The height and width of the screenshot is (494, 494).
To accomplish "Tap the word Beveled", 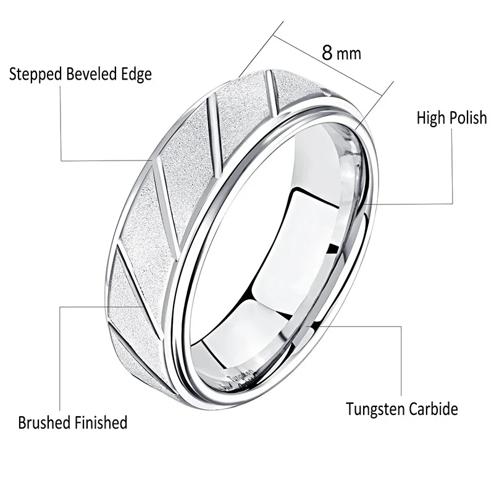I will [x=86, y=75].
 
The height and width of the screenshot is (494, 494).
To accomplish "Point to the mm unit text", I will [x=350, y=54].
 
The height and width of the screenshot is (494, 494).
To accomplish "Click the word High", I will [x=430, y=117].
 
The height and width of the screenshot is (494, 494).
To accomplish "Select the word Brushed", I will [x=44, y=423].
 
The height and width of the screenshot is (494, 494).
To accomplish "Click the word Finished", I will [x=101, y=423].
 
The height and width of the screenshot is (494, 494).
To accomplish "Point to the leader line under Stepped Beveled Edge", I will [x=61, y=124].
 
